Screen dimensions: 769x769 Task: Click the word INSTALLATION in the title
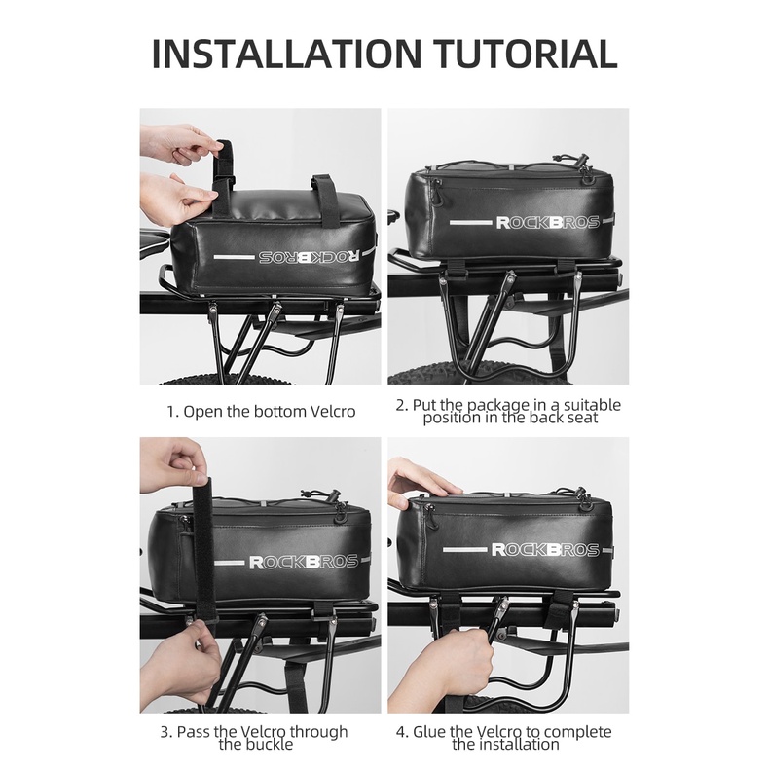pyautogui.click(x=287, y=53)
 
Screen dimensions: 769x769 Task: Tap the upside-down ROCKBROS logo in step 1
pyautogui.click(x=309, y=257)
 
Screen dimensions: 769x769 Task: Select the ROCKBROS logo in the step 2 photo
pyautogui.click(x=548, y=222)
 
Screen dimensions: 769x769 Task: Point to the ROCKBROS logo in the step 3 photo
pyautogui.click(x=303, y=561)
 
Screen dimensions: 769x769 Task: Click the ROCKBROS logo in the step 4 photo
pyautogui.click(x=545, y=549)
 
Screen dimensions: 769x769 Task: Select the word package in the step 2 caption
pyautogui.click(x=498, y=405)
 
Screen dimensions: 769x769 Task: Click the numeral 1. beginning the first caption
pyautogui.click(x=173, y=412)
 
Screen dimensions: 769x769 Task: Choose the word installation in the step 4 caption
pyautogui.click(x=505, y=745)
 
